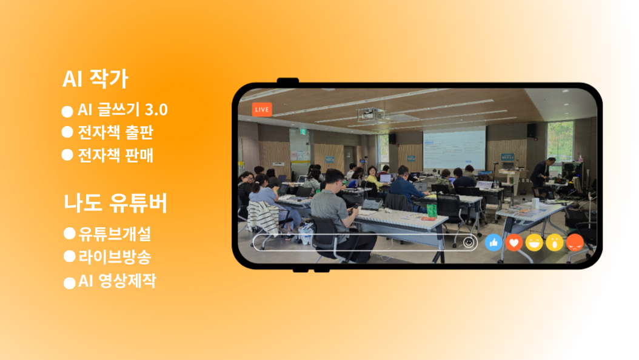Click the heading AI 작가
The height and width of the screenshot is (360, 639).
click(x=95, y=79)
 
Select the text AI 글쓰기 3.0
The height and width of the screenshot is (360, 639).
click(x=122, y=110)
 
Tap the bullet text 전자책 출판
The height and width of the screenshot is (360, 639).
click(x=116, y=132)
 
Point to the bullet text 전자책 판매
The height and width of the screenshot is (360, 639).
click(x=116, y=155)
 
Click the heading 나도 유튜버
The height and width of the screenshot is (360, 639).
click(x=115, y=203)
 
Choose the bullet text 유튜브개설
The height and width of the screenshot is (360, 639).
click(x=115, y=233)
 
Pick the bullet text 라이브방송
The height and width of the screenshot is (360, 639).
click(x=115, y=256)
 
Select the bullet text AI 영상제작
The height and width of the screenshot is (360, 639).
click(x=117, y=281)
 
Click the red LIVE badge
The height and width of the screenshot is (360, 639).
click(x=262, y=110)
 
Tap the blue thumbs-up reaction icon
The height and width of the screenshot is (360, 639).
click(x=493, y=242)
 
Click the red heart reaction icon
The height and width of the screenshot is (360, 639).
click(x=514, y=242)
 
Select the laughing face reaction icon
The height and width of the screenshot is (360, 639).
click(x=534, y=242)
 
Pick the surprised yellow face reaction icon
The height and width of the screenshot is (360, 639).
click(x=555, y=242)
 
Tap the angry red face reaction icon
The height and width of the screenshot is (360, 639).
click(x=575, y=242)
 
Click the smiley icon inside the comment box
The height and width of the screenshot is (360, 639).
click(x=469, y=242)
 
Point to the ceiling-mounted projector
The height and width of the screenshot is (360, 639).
click(x=371, y=115)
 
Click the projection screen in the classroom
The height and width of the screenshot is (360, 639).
click(x=454, y=149)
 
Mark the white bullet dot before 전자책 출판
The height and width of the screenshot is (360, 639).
click(x=67, y=132)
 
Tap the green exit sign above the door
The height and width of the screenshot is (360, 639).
click(x=303, y=132)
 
